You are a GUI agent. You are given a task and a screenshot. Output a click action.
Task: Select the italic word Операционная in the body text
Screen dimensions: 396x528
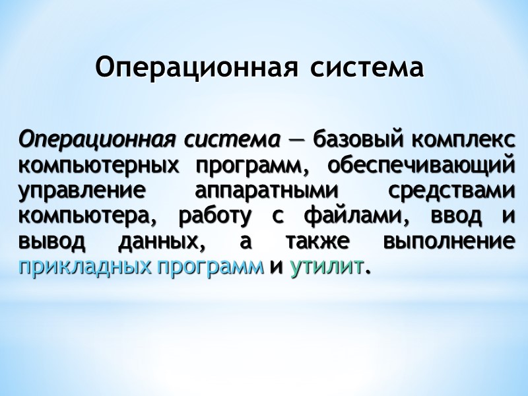pos(96,141)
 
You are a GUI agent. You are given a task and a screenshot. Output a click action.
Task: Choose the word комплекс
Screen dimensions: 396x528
pos(464,141)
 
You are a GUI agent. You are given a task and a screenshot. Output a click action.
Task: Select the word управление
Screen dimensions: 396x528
pos(82,191)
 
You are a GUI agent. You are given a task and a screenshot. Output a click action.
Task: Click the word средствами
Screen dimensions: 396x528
pos(451,191)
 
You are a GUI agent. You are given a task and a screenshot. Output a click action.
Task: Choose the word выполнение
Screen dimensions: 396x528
pos(448,241)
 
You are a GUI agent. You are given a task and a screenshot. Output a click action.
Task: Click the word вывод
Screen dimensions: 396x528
pos(52,241)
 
